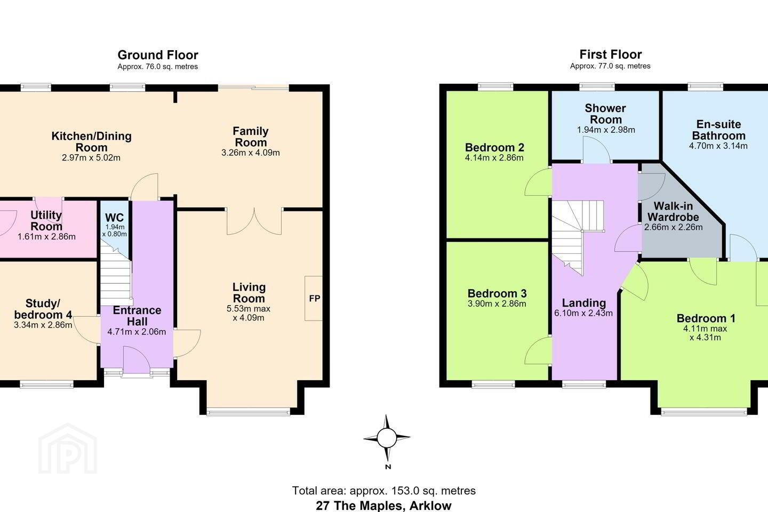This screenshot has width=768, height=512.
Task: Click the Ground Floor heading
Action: click(158, 55)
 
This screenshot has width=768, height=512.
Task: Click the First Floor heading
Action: click(610, 54)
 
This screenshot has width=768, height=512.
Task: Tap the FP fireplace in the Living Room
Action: click(314, 298)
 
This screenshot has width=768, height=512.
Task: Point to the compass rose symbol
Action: click(387, 438)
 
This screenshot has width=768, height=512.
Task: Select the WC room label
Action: click(115, 218)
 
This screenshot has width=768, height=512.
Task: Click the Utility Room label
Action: click(46, 220)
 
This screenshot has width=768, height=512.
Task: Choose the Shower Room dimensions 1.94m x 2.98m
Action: click(606, 130)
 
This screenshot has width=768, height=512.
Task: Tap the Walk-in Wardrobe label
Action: click(674, 211)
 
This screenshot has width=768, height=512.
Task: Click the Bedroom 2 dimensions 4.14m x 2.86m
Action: click(494, 158)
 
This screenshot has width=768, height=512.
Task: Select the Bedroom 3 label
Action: click(497, 293)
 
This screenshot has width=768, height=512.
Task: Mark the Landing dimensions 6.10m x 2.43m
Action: click(583, 313)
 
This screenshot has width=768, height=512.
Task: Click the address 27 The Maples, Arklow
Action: click(383, 506)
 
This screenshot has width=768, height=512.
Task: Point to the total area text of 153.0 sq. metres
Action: click(383, 491)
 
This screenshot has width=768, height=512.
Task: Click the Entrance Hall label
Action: click(137, 316)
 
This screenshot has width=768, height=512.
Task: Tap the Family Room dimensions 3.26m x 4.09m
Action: click(250, 153)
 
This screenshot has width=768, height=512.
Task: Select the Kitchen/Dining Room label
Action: click(91, 142)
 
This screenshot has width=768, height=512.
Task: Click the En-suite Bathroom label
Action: click(718, 130)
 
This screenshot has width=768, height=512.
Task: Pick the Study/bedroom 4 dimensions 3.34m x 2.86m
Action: click(43, 325)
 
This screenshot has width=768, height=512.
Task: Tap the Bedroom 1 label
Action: click(706, 318)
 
